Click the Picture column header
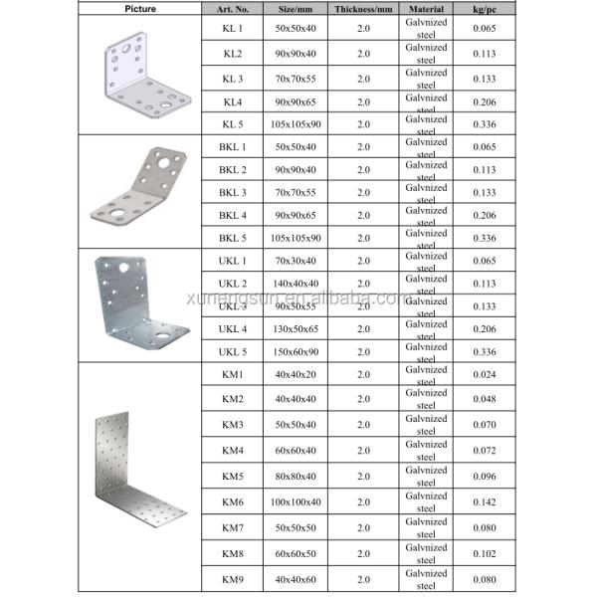(x=141, y=8)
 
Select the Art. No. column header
(x=232, y=8)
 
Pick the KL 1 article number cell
(x=232, y=31)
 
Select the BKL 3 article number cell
(x=232, y=192)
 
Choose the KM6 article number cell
(x=232, y=501)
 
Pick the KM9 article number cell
(x=232, y=578)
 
